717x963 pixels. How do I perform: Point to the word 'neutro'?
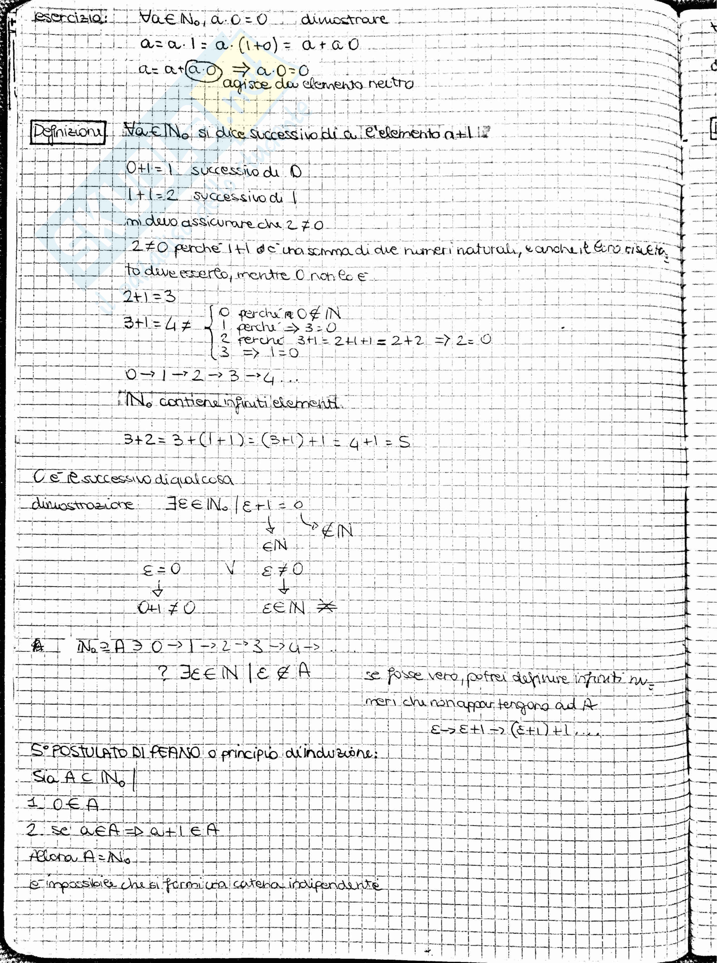click(391, 83)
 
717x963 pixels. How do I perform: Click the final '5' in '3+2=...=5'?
click(404, 442)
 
